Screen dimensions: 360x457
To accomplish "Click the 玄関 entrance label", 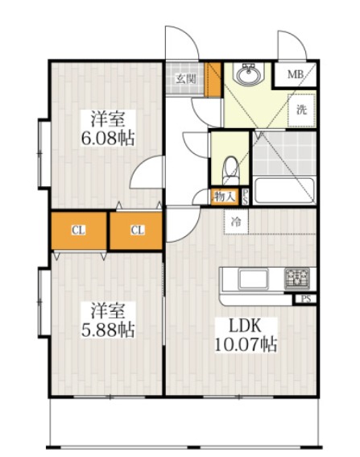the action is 185,79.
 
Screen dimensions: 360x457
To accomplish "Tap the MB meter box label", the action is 296,74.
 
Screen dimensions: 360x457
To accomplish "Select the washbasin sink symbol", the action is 248,75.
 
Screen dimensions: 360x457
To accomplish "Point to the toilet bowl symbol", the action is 230,171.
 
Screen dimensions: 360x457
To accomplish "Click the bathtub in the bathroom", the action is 284,190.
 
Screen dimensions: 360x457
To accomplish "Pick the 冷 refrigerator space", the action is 236,222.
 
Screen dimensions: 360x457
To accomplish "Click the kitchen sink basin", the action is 254,279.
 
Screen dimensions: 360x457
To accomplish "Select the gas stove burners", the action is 297,279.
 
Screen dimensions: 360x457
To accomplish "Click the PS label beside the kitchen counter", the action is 305,299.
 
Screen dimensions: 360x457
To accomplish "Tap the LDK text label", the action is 245,326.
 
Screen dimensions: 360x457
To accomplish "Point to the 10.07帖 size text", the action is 246,345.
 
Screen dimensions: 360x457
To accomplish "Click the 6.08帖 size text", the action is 107,138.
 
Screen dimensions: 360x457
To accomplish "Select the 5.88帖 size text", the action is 107,330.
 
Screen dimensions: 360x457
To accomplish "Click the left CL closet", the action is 79,231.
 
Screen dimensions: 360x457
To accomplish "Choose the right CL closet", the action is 136,231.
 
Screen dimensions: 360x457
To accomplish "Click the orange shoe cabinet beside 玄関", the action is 213,79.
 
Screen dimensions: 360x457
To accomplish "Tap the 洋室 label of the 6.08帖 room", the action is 107,119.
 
